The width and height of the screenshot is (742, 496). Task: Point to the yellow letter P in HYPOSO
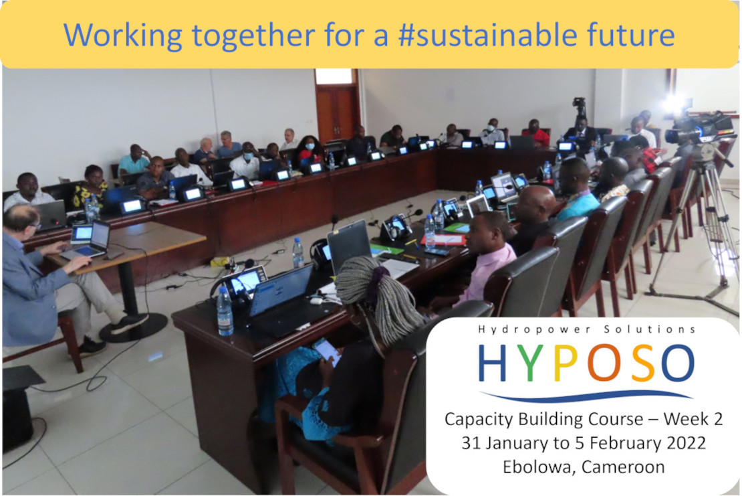coord(566,363)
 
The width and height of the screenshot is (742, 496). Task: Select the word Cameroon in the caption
coord(623,467)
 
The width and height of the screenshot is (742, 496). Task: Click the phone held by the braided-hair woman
coord(327,351)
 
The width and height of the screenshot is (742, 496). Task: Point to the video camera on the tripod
coord(699,128)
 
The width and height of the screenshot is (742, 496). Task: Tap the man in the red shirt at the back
coord(535,132)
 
